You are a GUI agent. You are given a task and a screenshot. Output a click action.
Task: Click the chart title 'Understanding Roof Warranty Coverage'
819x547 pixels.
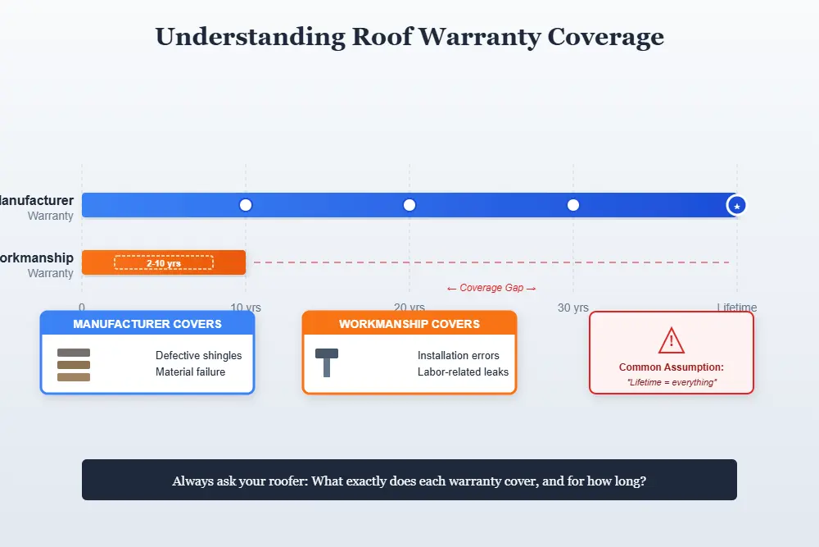(x=409, y=37)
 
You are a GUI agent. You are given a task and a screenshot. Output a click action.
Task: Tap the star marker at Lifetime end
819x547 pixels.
(x=737, y=206)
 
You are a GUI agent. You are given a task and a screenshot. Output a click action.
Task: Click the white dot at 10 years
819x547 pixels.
(x=246, y=205)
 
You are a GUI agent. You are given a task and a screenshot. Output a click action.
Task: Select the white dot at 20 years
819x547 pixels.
(x=409, y=205)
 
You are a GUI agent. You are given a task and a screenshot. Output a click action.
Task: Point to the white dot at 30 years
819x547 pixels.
(x=573, y=205)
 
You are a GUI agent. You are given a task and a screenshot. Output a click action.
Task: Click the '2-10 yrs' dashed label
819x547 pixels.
(x=164, y=262)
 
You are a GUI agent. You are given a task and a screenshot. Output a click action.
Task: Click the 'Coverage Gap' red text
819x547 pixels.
(x=491, y=288)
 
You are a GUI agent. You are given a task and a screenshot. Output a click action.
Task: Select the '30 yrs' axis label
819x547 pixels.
(x=573, y=308)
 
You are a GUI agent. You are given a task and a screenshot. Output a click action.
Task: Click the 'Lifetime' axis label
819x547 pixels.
(x=737, y=308)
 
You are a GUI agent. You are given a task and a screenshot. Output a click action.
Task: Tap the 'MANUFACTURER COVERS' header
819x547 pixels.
(x=147, y=324)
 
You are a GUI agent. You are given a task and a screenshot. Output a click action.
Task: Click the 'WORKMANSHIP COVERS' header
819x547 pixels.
(x=409, y=324)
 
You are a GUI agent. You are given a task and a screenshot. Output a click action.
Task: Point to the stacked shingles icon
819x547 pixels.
(x=74, y=365)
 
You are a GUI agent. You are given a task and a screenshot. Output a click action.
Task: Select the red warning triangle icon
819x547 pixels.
(x=672, y=340)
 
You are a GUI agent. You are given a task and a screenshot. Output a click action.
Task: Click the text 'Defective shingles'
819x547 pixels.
(x=198, y=356)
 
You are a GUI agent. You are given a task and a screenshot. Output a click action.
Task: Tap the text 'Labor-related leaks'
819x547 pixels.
(x=463, y=372)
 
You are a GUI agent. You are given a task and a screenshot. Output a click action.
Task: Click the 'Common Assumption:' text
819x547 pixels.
(x=672, y=367)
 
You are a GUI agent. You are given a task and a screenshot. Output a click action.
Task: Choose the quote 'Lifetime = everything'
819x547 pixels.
(x=672, y=382)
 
